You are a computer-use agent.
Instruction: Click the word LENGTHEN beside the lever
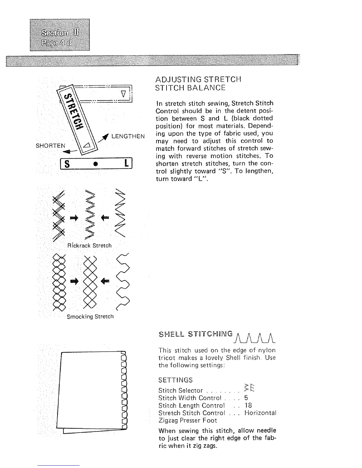pyautogui.click(x=128, y=136)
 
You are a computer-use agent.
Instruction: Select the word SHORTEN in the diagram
pyautogui.click(x=50, y=146)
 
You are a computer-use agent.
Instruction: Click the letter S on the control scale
pyautogui.click(x=67, y=164)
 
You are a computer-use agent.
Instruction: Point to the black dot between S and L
pyautogui.click(x=97, y=164)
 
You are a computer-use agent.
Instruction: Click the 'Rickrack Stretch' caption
pyautogui.click(x=89, y=246)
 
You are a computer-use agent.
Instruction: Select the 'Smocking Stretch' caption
pyautogui.click(x=90, y=316)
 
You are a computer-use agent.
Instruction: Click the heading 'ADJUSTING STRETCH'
pyautogui.click(x=198, y=79)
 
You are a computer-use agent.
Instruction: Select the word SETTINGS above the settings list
pyautogui.click(x=175, y=380)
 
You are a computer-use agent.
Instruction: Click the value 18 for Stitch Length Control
pyautogui.click(x=248, y=405)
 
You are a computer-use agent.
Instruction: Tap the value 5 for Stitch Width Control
pyautogui.click(x=246, y=398)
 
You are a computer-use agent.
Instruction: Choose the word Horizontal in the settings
pyautogui.click(x=260, y=413)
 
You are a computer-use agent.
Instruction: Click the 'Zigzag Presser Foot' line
pyautogui.click(x=188, y=420)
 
